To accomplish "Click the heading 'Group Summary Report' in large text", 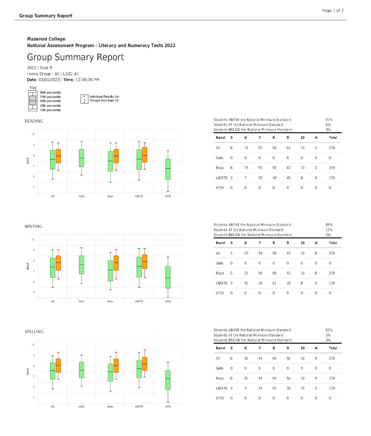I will tap(75, 57).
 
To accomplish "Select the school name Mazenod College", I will tap(46, 39).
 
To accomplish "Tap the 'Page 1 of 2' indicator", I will tap(333, 10).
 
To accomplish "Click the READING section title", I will tap(34, 121).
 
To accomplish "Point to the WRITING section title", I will tap(33, 226).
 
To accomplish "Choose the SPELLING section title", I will tap(34, 332).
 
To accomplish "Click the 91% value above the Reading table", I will tap(329, 120).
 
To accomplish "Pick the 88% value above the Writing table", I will tap(329, 225).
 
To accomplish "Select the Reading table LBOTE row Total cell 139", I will tap(332, 178).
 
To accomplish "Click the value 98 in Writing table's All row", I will tap(274, 253).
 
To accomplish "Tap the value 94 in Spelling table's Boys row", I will tap(274, 378).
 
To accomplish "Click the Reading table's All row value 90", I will tap(274, 148).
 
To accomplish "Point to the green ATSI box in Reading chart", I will tap(168, 169).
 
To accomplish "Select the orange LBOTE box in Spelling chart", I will tap(145, 364).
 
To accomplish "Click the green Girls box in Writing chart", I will tap(81, 264).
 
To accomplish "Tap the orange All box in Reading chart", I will tap(58, 156).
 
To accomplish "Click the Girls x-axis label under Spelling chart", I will tap(81, 407).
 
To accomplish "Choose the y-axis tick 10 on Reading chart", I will tap(33, 134).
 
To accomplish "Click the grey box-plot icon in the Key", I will tap(32, 101).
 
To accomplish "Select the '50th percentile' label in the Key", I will tap(50, 101).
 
